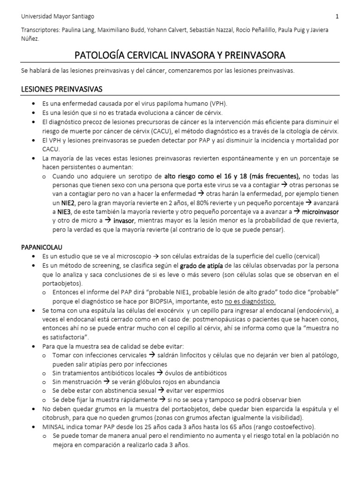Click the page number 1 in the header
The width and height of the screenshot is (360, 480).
tap(337, 16)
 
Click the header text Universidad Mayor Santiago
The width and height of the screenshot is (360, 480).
tap(58, 16)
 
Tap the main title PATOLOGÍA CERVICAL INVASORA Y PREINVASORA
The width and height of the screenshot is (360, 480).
tap(180, 56)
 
